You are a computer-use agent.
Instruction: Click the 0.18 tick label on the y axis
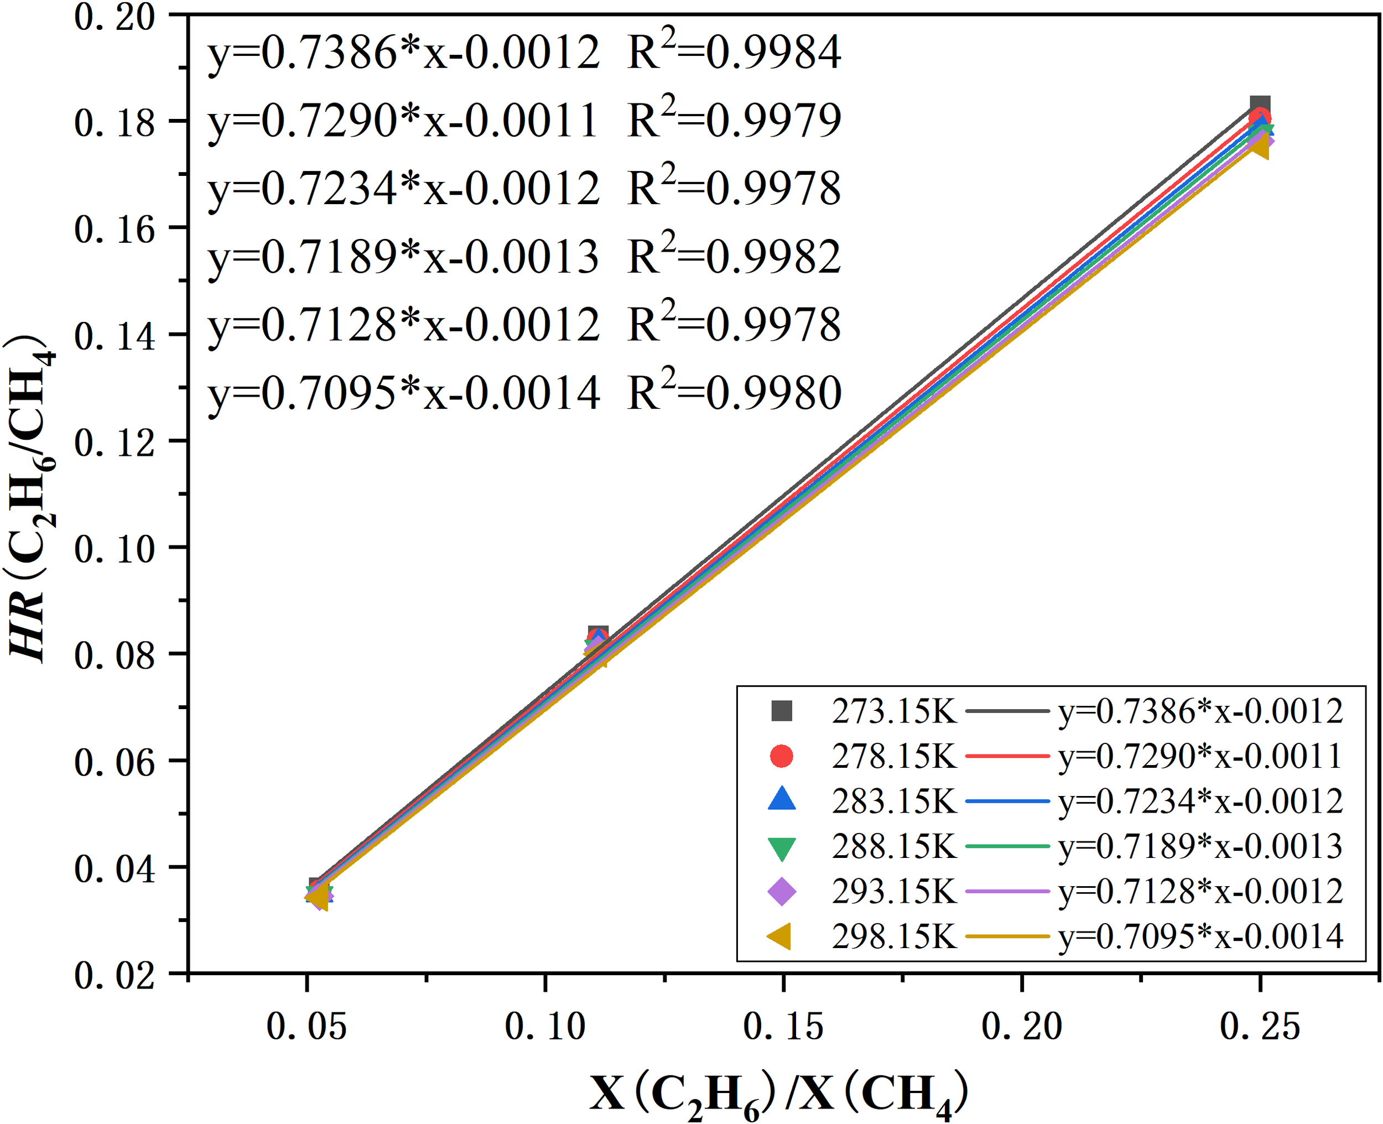115,122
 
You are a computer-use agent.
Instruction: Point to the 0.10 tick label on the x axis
544,1027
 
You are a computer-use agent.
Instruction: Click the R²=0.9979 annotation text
734,120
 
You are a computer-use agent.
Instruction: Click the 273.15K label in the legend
894,711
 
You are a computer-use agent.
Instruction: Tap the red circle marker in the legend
782,756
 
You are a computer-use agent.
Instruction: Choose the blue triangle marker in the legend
782,800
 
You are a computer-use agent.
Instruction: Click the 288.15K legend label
894,846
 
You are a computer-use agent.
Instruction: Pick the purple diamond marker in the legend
782,892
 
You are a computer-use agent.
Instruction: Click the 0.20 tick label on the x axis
1022,1027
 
